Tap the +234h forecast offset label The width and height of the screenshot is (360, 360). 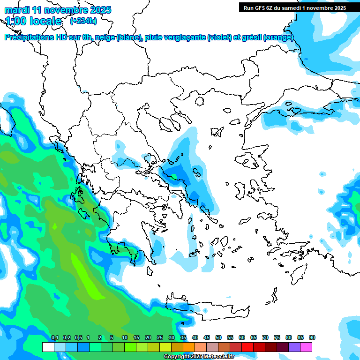pyautogui.click(x=83, y=21)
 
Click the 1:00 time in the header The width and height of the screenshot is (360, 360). pyautogui.click(x=16, y=21)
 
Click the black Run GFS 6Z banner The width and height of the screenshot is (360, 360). pyautogui.click(x=294, y=7)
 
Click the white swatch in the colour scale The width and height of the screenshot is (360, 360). pyautogui.click(x=48, y=347)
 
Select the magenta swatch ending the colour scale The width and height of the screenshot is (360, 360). pyautogui.click(x=306, y=347)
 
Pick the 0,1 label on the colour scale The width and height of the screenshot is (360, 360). pyautogui.click(x=55, y=338)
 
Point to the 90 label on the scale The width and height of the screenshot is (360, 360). pyautogui.click(x=312, y=338)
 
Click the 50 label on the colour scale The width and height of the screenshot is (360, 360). pyautogui.click(x=218, y=338)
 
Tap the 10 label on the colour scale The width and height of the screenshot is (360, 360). pyautogui.click(x=125, y=338)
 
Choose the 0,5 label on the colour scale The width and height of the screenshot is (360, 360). pyautogui.click(x=78, y=338)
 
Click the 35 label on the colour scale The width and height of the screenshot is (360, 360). pyautogui.click(x=183, y=338)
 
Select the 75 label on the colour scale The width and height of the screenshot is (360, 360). pyautogui.click(x=277, y=338)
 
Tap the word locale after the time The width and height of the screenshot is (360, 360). pyautogui.click(x=46, y=21)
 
